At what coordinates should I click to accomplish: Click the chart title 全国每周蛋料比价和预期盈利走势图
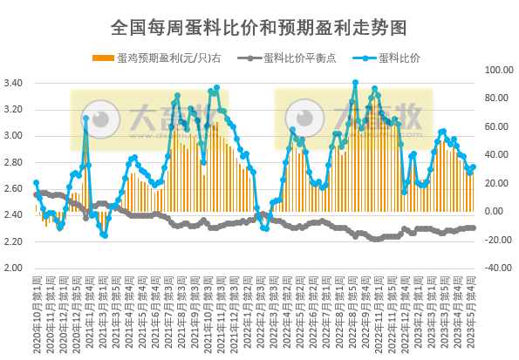coord(259,27)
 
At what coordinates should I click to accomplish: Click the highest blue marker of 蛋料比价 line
coord(355,83)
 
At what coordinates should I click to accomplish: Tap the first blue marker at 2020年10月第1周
coord(36,183)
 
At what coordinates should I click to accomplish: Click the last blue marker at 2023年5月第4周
coord(473,166)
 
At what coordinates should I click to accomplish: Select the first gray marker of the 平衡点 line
coord(36,194)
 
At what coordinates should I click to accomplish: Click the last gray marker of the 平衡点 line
coord(473,228)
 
